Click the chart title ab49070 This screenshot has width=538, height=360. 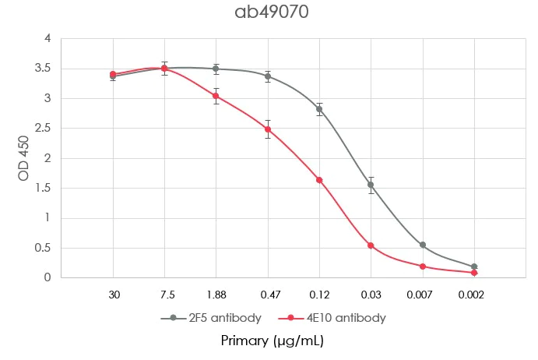268,13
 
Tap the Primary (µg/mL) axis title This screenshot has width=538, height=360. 272,341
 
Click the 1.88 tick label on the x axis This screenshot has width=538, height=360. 216,295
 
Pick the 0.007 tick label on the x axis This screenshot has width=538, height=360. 422,295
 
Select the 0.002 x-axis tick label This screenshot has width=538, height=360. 473,295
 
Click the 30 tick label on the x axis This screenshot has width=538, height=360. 113,295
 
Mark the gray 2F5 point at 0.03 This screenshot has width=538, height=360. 371,185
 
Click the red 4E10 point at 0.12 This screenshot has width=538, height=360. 319,180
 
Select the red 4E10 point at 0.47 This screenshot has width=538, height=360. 268,129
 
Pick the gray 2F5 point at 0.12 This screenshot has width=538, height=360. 319,109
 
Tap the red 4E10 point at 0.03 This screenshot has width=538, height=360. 371,245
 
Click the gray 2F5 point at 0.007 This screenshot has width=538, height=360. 422,245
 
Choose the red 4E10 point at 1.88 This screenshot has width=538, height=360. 216,96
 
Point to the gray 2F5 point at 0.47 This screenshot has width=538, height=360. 268,76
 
